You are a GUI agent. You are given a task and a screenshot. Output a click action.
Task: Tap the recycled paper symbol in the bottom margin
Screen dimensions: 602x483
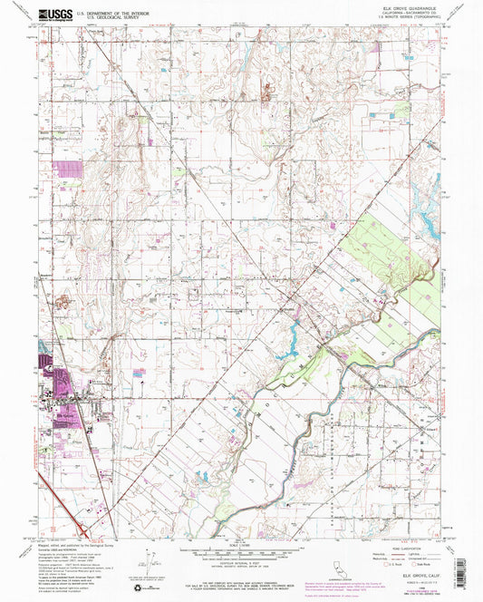(x=138, y=589)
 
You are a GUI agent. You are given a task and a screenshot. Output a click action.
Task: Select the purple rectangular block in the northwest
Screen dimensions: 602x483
(x=67, y=168)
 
